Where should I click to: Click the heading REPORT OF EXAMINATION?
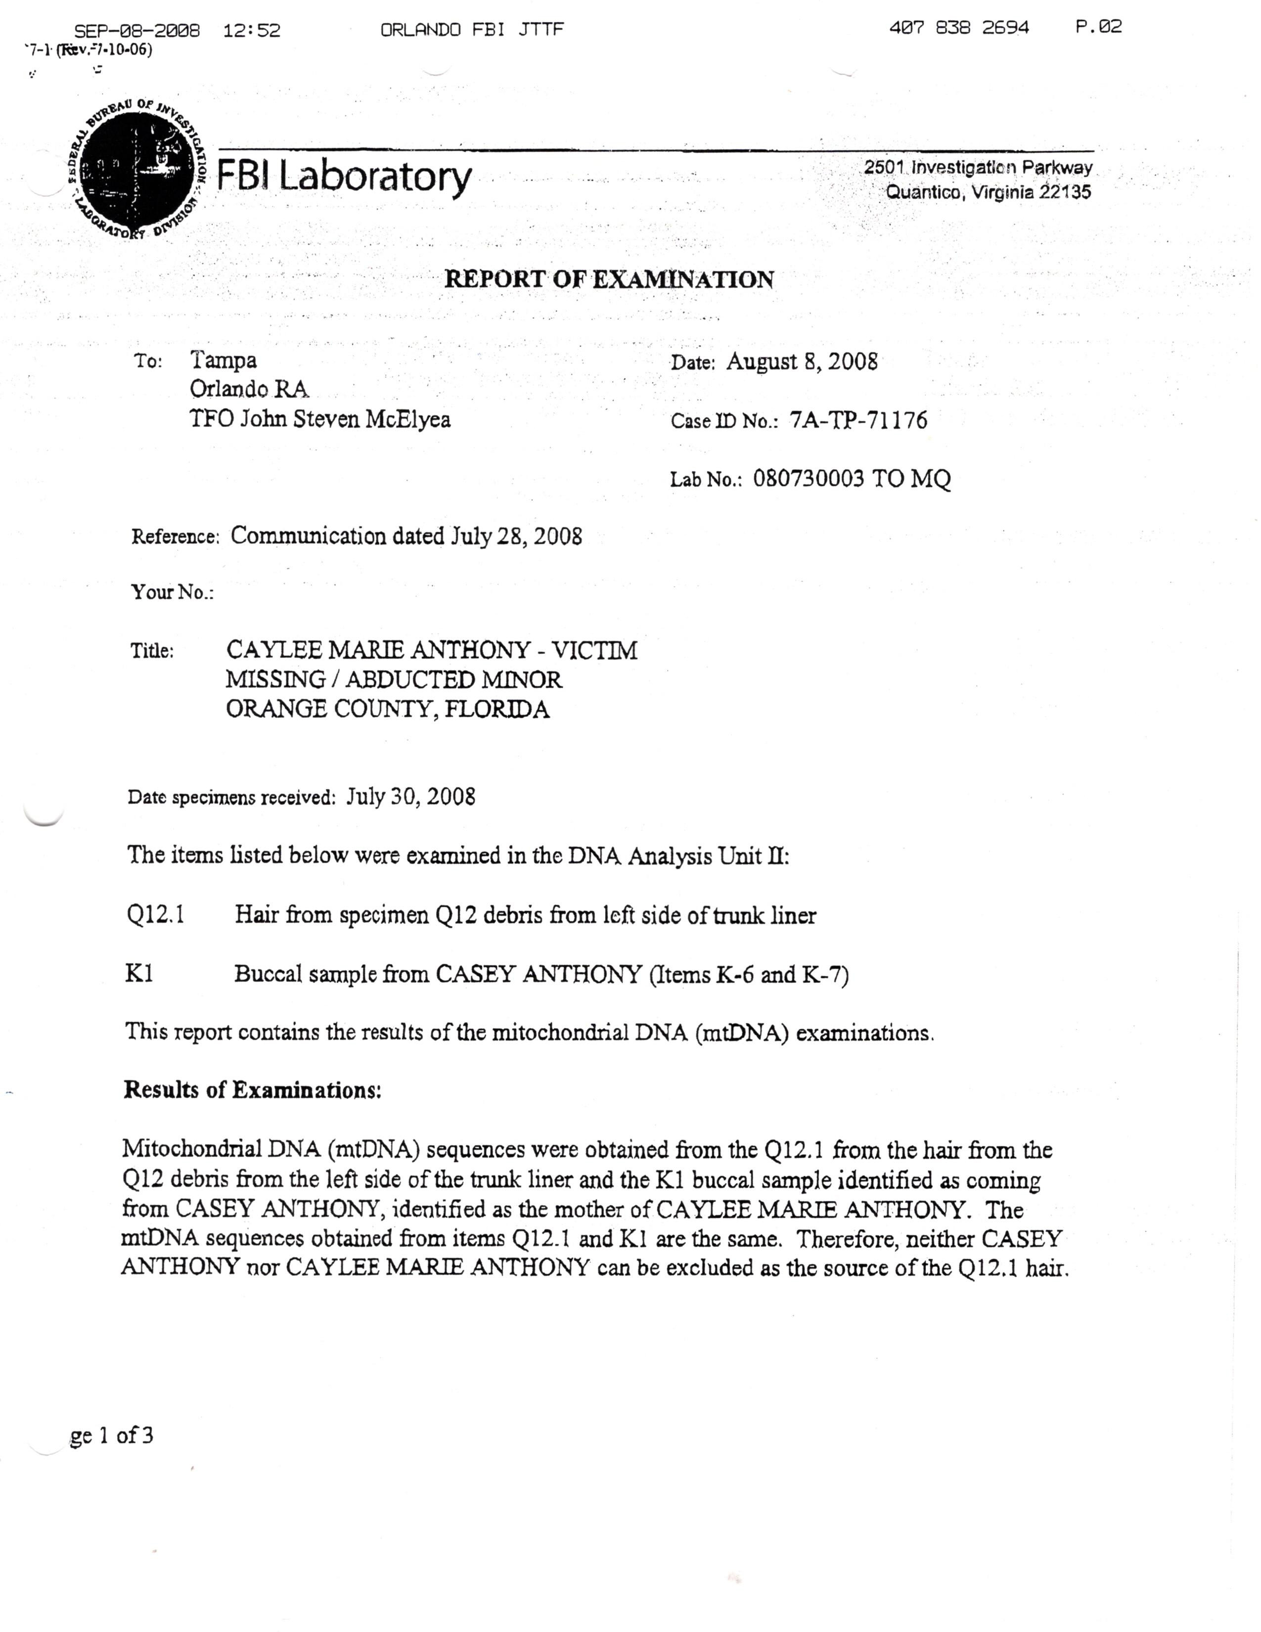click(609, 279)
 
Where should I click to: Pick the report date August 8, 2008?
click(802, 362)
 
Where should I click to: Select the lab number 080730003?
click(809, 478)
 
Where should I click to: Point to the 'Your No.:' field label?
click(173, 592)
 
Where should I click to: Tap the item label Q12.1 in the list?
click(155, 914)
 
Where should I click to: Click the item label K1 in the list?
click(139, 974)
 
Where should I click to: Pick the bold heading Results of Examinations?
click(253, 1090)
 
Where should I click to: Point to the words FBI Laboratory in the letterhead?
click(344, 177)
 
